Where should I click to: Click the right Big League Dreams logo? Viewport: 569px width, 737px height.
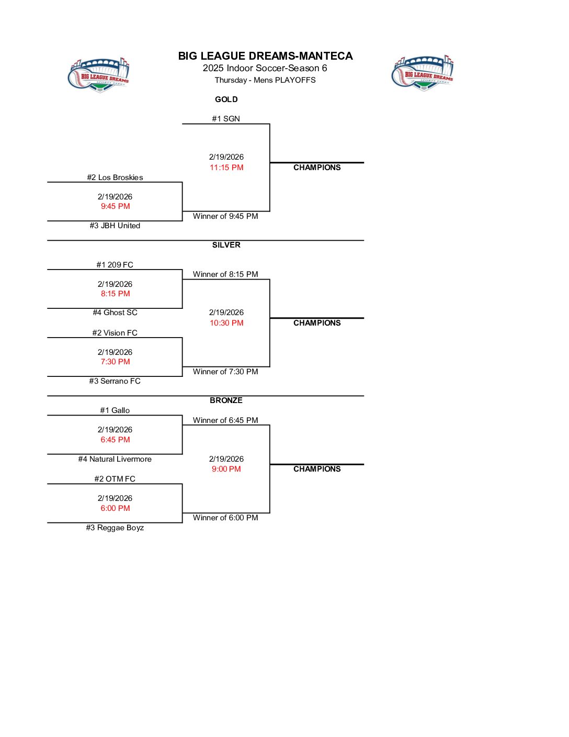pyautogui.click(x=423, y=73)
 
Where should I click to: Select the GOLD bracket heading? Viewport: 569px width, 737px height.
pyautogui.click(x=226, y=99)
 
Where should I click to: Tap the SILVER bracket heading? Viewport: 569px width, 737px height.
pyautogui.click(x=226, y=245)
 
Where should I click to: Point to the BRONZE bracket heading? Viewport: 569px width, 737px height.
pyautogui.click(x=226, y=400)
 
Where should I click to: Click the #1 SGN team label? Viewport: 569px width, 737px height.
pyautogui.click(x=226, y=119)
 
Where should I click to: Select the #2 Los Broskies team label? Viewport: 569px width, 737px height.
pyautogui.click(x=115, y=177)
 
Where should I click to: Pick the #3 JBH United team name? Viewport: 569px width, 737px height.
pyautogui.click(x=115, y=226)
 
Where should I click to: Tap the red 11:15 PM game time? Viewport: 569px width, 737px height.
pyautogui.click(x=226, y=167)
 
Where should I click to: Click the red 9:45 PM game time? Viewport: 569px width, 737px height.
pyautogui.click(x=115, y=206)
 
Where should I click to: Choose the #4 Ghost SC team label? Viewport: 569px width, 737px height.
pyautogui.click(x=115, y=312)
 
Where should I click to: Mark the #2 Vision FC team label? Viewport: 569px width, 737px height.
pyautogui.click(x=115, y=333)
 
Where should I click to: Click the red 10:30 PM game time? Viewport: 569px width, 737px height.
pyautogui.click(x=226, y=323)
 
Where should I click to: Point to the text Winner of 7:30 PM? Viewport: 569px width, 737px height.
pyautogui.click(x=225, y=372)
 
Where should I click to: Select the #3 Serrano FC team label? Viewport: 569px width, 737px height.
pyautogui.click(x=115, y=381)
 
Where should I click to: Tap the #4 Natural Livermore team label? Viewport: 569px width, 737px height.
pyautogui.click(x=115, y=459)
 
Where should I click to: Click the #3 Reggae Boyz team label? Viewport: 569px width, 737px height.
pyautogui.click(x=115, y=528)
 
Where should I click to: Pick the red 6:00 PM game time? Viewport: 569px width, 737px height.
pyautogui.click(x=115, y=508)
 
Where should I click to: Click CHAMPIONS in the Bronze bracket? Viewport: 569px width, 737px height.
pyautogui.click(x=317, y=469)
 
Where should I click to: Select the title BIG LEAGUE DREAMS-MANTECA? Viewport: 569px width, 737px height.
pyautogui.click(x=265, y=56)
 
